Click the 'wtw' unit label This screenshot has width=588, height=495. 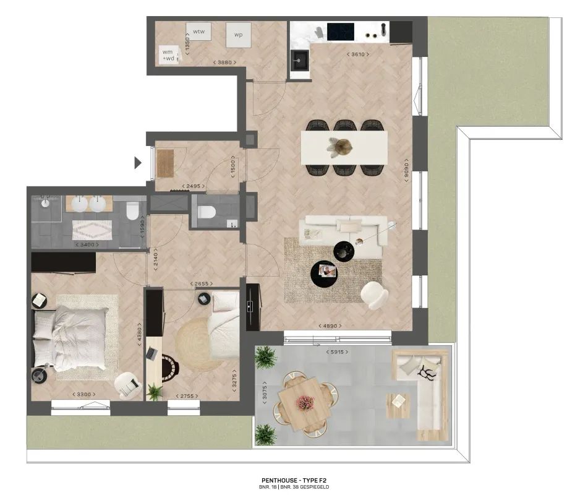(x=198, y=31)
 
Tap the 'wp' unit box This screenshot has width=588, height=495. (x=238, y=35)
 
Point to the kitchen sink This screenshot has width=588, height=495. (x=302, y=60)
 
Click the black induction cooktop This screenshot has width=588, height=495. (x=341, y=30)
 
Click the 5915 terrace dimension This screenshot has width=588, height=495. (x=336, y=352)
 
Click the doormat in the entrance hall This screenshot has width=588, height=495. (x=166, y=164)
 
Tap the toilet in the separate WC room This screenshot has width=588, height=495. (x=206, y=212)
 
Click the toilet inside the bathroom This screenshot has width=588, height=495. (x=131, y=213)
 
